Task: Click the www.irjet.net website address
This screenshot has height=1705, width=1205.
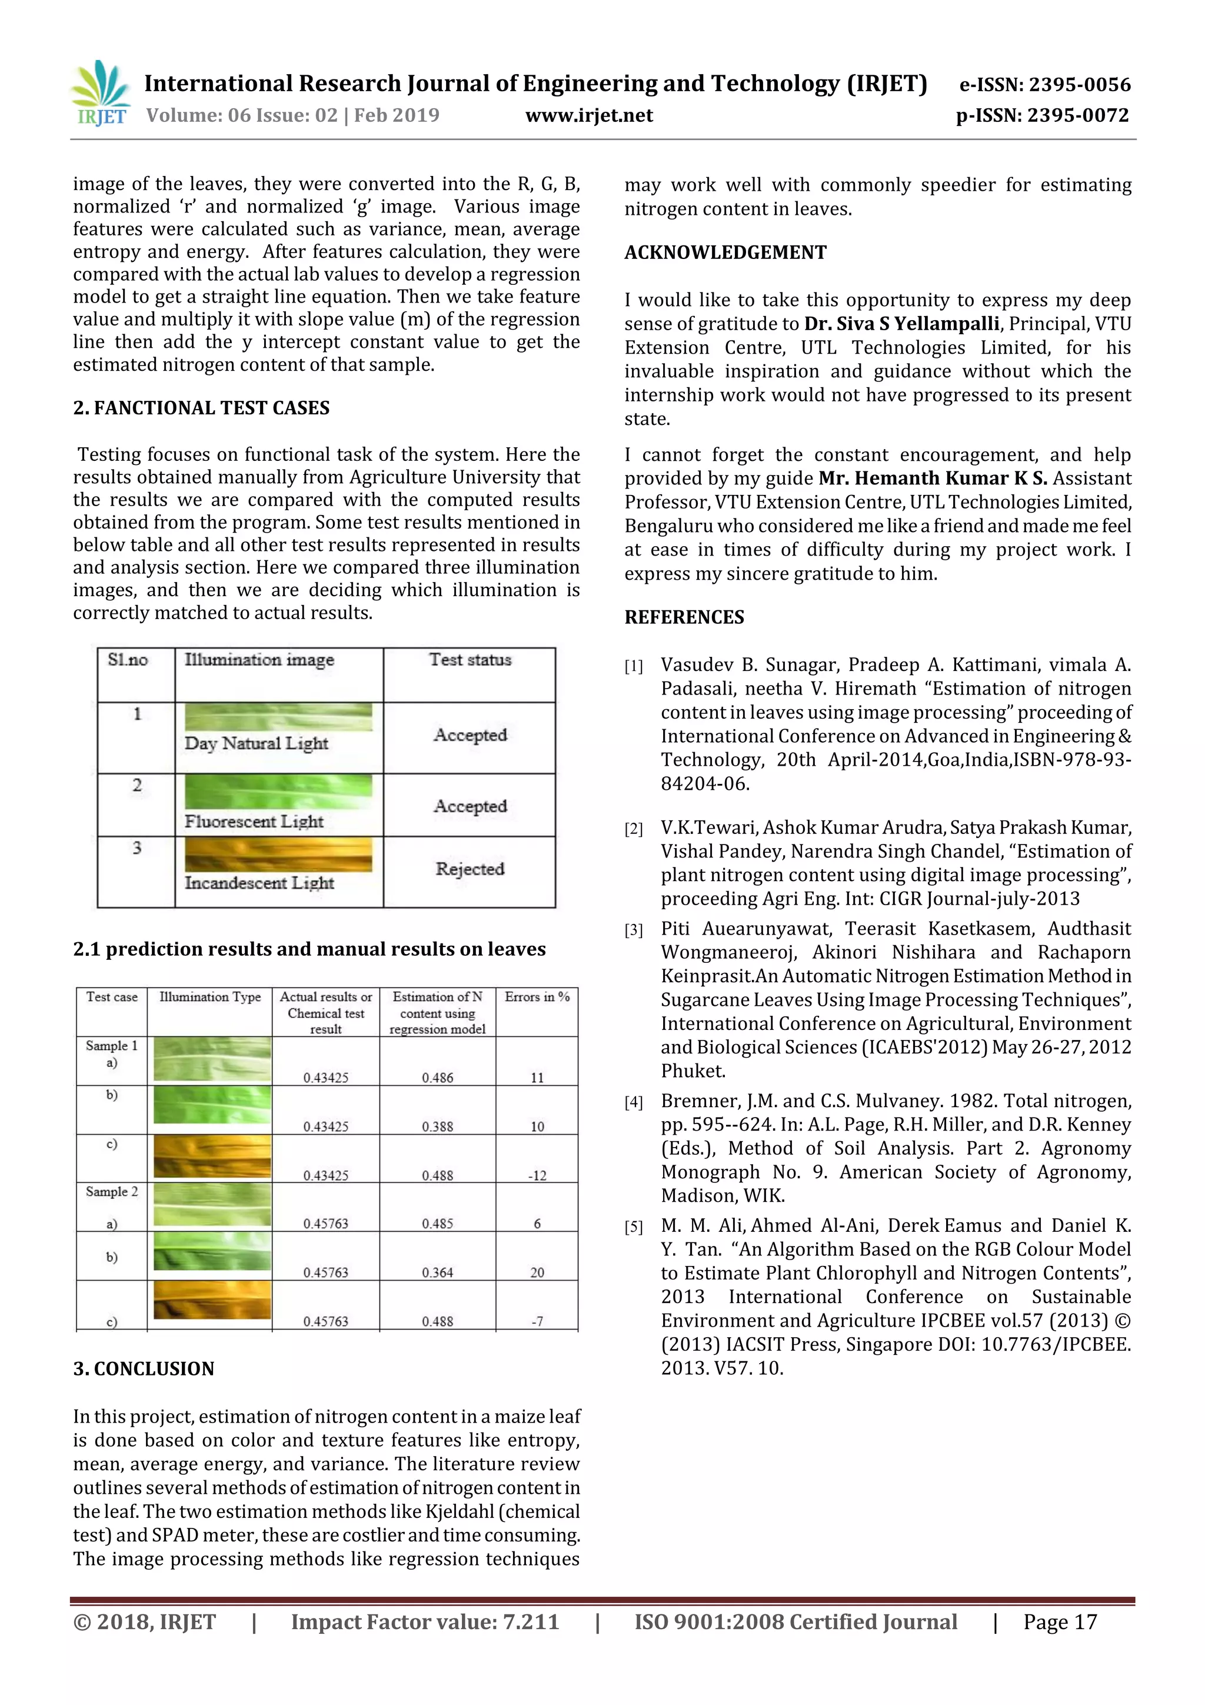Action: [x=589, y=116]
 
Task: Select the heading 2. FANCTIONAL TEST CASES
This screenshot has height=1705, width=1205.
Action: [x=201, y=408]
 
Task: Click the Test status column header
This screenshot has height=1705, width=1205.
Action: [x=470, y=659]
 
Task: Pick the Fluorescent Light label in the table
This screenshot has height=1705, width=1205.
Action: [x=254, y=822]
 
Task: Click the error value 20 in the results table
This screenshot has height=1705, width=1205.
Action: [x=537, y=1272]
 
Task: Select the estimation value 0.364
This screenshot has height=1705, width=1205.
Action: [x=437, y=1272]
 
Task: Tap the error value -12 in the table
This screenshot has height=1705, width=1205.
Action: [x=537, y=1175]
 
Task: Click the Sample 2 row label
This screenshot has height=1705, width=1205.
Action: [x=111, y=1192]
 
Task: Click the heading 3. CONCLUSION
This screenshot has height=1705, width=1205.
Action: [x=144, y=1368]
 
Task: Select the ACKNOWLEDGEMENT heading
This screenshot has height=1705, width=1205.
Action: [x=725, y=252]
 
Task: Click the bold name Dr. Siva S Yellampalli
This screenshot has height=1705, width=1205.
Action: [x=901, y=324]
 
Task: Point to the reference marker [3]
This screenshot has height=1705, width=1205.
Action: [x=633, y=930]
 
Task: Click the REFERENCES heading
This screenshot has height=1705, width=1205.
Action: [x=684, y=617]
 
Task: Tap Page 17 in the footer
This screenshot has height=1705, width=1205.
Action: [x=1060, y=1622]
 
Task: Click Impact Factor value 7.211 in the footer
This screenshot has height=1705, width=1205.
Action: [x=425, y=1622]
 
